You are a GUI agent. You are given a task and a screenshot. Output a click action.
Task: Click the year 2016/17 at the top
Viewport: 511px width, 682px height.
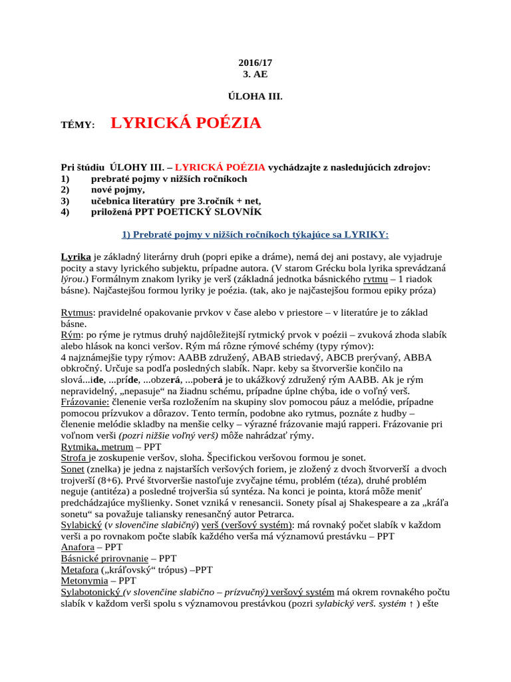[255, 63]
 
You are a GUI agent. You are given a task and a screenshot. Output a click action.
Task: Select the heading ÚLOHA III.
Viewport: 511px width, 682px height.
[255, 97]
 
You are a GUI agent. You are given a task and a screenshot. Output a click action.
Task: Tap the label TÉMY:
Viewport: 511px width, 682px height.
[78, 125]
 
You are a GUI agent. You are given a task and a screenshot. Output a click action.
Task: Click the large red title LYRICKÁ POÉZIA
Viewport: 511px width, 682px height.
[186, 123]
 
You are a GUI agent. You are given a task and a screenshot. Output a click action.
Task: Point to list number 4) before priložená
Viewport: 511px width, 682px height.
[65, 211]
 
